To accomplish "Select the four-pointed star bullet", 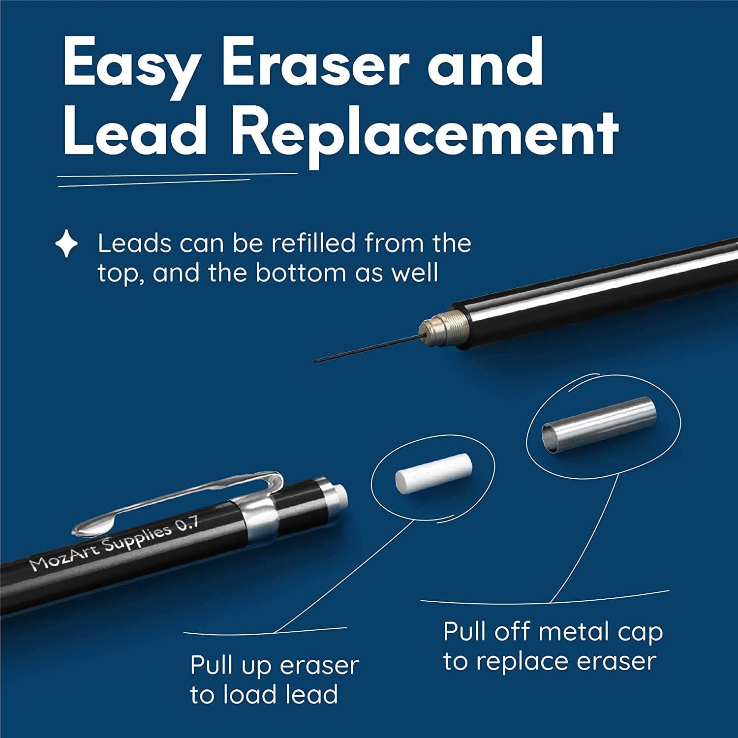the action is [x=66, y=245].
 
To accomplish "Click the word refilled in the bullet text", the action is [x=315, y=243].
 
